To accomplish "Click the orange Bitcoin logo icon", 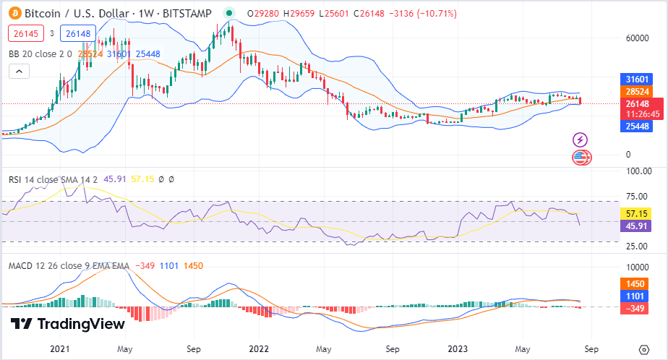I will [16, 13].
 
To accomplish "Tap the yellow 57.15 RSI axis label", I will [637, 214].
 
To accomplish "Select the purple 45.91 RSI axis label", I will [637, 226].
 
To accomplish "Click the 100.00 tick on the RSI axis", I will [638, 171].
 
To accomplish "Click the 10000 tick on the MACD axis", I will [638, 266].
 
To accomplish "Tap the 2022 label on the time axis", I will [258, 348].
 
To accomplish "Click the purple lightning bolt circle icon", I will [580, 140].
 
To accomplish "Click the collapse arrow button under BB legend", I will [19, 71].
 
